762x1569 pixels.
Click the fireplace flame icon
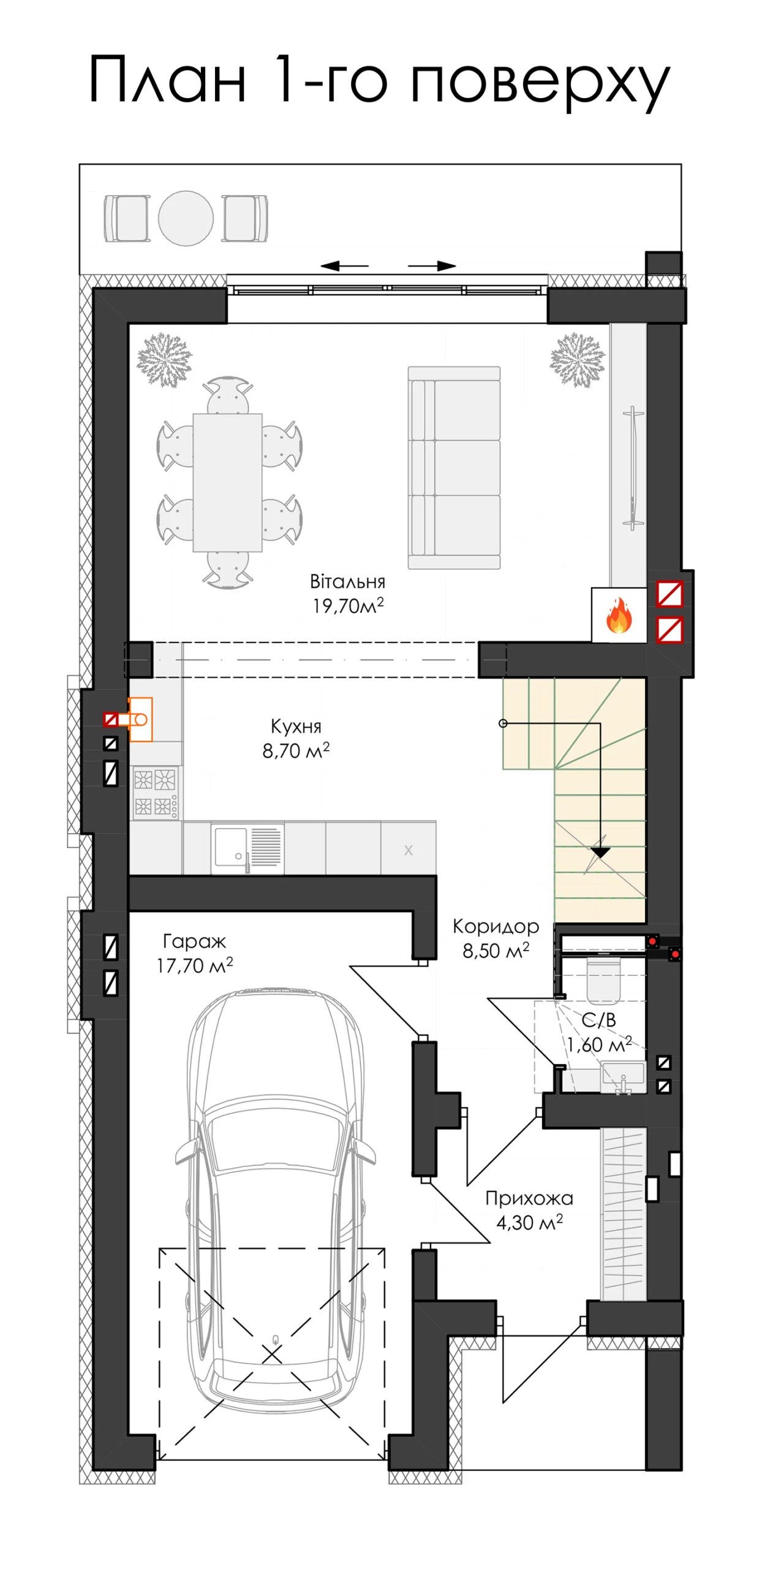tap(619, 615)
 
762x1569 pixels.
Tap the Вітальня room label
tap(347, 582)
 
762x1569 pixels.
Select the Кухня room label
tap(296, 727)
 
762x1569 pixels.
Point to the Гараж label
tap(194, 941)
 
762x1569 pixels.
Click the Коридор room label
tap(496, 927)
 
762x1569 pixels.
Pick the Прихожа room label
tap(529, 1198)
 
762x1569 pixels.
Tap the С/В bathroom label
tap(598, 1020)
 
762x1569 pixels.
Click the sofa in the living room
tap(454, 468)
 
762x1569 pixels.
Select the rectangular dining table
tap(228, 483)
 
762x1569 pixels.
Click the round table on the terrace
tap(186, 218)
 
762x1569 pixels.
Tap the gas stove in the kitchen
tap(156, 792)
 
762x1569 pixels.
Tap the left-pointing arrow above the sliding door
tap(344, 266)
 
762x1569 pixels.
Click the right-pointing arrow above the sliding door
tap(432, 266)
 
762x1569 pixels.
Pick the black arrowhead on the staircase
tap(600, 852)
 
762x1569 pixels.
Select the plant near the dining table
tap(164, 360)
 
